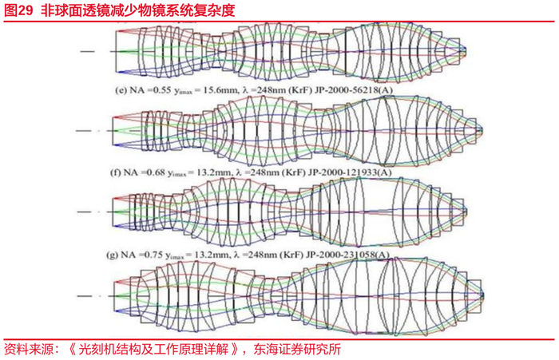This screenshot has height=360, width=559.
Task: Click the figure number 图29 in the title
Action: click(x=18, y=10)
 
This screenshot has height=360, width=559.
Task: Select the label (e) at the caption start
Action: click(x=122, y=89)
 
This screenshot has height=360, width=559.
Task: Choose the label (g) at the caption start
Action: click(x=115, y=255)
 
